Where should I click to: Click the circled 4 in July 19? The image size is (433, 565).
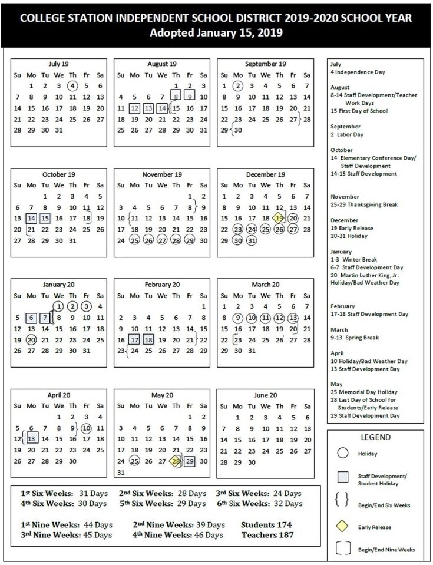tap(72, 85)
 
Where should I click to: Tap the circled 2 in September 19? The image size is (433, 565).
tap(237, 85)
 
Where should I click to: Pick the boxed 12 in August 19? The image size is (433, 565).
tap(134, 108)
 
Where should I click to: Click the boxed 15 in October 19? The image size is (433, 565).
tap(45, 218)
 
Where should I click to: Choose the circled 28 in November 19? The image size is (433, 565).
tap(176, 240)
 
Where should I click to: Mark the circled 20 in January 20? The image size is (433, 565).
tap(31, 340)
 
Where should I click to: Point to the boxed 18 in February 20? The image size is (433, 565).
tap(148, 340)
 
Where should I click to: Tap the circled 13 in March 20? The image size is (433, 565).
tap(293, 318)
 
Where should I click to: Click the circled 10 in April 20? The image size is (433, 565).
tap(87, 428)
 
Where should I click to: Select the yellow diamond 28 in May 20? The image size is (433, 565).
tap(176, 461)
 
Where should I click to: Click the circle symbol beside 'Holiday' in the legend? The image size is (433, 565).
tap(342, 454)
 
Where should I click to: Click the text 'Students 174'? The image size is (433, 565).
tap(267, 524)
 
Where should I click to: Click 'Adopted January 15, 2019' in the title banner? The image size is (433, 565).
tap(216, 33)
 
